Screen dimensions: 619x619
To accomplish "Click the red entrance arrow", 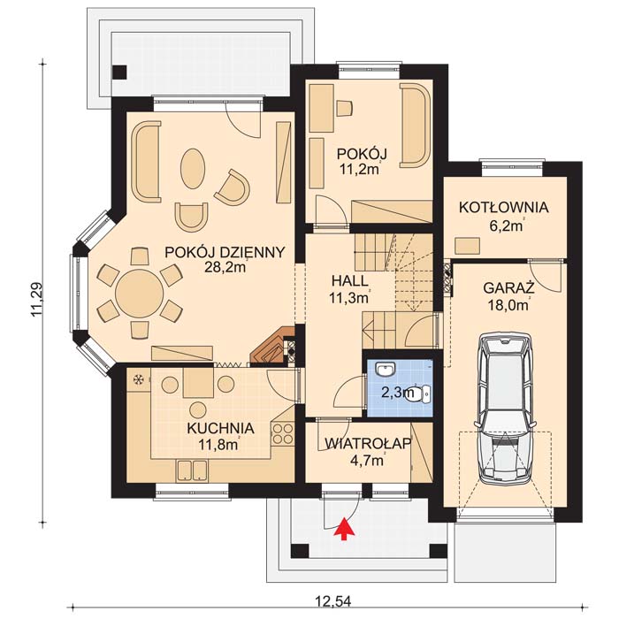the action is [345, 528].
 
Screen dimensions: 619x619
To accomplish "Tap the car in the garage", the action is [506, 409].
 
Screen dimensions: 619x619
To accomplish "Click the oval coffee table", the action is [193, 169].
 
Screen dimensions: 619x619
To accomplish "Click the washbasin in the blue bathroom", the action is [386, 370].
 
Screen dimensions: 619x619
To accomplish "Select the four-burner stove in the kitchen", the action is [283, 433].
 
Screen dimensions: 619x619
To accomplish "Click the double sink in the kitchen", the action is [192, 471].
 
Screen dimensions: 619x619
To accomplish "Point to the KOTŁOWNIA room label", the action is [503, 208].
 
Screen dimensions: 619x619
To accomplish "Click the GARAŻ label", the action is [508, 287].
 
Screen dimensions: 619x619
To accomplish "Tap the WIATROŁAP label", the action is [368, 444].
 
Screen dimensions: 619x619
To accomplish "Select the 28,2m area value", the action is [225, 267].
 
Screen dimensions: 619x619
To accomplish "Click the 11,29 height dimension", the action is [37, 299].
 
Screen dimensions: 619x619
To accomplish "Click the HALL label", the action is [350, 281].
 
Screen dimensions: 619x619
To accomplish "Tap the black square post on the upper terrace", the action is [119, 72].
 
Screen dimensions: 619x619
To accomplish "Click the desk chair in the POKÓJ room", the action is [344, 108].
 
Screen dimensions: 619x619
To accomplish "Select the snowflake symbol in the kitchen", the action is [138, 379].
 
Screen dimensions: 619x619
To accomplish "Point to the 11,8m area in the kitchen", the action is [218, 445].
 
